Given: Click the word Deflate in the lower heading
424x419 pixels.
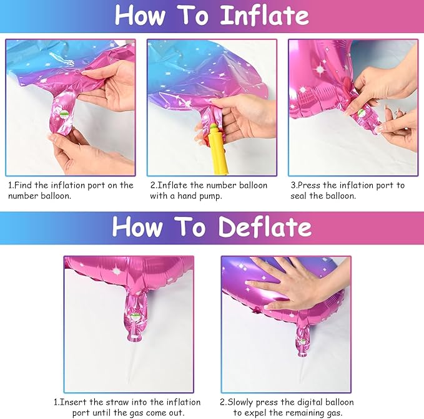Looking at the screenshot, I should pyautogui.click(x=263, y=228).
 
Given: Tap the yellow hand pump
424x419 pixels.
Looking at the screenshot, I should pyautogui.click(x=215, y=149).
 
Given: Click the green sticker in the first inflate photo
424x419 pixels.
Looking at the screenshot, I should pyautogui.click(x=65, y=115).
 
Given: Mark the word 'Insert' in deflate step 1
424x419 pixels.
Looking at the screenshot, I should pyautogui.click(x=73, y=402).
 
